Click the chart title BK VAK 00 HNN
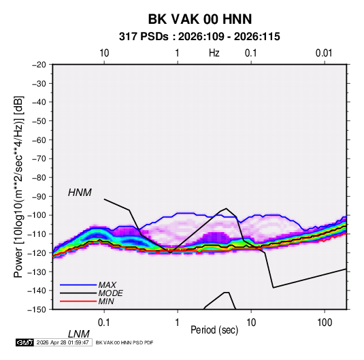[200, 19]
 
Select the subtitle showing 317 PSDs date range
[199, 37]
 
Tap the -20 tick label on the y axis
[39, 65]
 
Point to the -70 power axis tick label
[39, 159]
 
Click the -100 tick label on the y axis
[37, 215]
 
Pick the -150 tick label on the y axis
[37, 310]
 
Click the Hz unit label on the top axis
[214, 53]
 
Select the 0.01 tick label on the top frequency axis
[324, 53]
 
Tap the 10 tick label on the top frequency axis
[104, 53]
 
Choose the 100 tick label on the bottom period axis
[325, 323]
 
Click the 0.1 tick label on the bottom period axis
[104, 323]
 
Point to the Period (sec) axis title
[214, 330]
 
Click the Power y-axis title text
[18, 186]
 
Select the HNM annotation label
[80, 193]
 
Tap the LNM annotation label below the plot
[79, 334]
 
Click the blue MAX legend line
[78, 285]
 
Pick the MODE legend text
[110, 293]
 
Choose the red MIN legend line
[78, 301]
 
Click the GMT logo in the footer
[25, 342]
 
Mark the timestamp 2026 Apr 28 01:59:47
[63, 342]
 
